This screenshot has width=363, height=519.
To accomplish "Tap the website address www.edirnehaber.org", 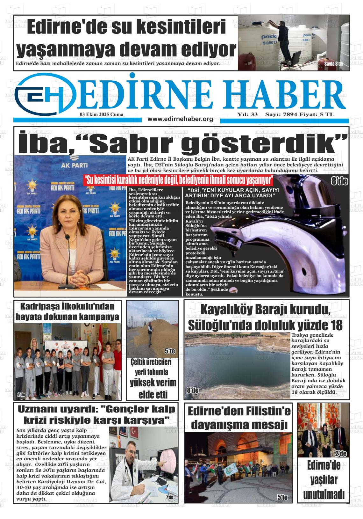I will click(180, 119).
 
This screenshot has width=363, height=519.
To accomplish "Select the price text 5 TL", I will click(328, 114).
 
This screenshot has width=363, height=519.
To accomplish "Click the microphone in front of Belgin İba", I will click(68, 240).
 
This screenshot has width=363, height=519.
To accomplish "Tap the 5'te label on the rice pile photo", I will click(170, 351).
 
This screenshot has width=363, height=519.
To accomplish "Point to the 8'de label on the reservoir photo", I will click(193, 390).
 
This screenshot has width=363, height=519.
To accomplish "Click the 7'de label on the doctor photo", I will click(169, 497).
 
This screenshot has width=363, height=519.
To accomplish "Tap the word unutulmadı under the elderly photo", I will click(324, 494).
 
